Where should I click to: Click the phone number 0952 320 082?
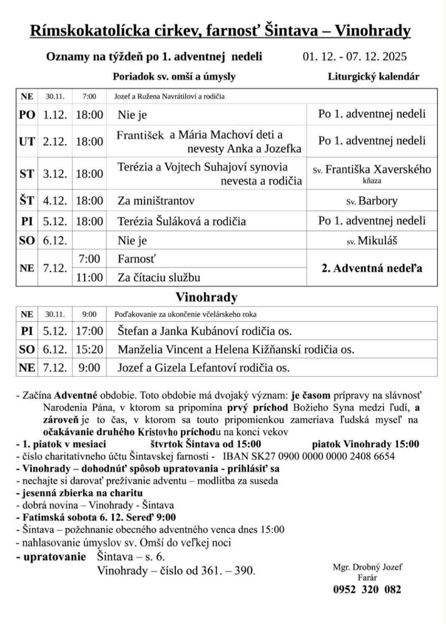click(367, 590)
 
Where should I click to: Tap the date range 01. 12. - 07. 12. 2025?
click(355, 57)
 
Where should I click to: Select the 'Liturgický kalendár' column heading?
click(373, 77)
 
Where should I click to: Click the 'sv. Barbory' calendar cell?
click(372, 201)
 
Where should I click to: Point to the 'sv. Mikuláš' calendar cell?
click(372, 241)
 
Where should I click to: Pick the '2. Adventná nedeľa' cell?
click(372, 268)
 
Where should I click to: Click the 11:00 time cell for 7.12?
click(89, 277)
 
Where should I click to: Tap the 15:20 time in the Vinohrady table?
click(89, 349)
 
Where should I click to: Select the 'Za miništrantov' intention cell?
click(156, 201)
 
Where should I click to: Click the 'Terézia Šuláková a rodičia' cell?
click(182, 221)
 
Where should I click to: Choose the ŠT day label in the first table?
click(27, 201)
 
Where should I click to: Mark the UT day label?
click(27, 141)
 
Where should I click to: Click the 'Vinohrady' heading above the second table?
click(206, 298)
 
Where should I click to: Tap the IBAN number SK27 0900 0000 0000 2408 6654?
click(308, 456)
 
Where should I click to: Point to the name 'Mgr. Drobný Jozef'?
click(367, 567)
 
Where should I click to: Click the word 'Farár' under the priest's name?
click(367, 578)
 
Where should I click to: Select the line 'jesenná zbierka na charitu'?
click(79, 493)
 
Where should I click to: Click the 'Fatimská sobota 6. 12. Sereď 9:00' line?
click(96, 517)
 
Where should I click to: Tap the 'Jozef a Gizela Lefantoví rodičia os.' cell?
click(203, 368)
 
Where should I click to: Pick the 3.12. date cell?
click(55, 174)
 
